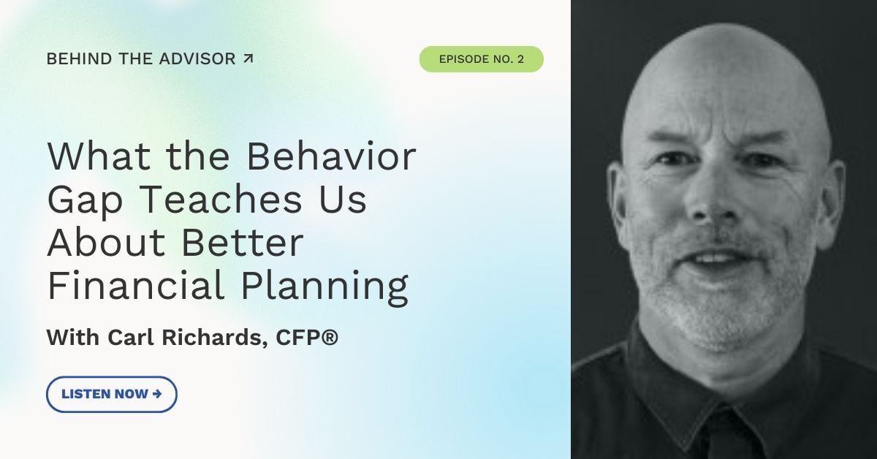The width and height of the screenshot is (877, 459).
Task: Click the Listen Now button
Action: click(x=112, y=394)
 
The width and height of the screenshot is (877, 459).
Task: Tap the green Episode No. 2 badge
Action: click(x=481, y=59)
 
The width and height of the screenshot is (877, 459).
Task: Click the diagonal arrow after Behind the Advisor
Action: click(x=248, y=58)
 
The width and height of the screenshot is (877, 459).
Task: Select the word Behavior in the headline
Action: click(x=331, y=156)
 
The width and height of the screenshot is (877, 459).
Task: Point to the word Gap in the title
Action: click(x=85, y=201)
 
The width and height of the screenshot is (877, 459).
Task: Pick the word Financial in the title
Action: click(x=135, y=284)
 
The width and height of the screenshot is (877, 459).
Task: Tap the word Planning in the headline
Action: click(x=324, y=287)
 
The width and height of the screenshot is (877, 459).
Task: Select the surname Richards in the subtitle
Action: click(x=212, y=337)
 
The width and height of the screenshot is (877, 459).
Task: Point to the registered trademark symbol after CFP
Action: click(x=330, y=336)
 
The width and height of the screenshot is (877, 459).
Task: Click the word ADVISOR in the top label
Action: click(x=197, y=58)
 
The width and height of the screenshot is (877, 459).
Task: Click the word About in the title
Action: click(x=106, y=242)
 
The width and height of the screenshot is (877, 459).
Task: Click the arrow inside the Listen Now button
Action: click(x=156, y=394)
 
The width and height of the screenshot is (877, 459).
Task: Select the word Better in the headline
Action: click(x=243, y=242)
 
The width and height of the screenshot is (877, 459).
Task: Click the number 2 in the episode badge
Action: click(x=520, y=59)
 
